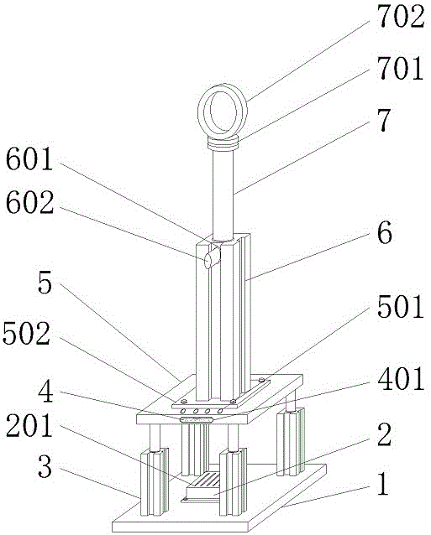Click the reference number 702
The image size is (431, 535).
point(401,16)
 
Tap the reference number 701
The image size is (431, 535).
point(400,68)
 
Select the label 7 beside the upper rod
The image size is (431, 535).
point(384,120)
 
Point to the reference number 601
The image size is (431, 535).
point(29,158)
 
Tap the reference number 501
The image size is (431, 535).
point(401,307)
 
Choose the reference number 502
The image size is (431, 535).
point(26,333)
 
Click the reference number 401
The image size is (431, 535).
point(401,378)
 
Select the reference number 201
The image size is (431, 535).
point(29,425)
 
